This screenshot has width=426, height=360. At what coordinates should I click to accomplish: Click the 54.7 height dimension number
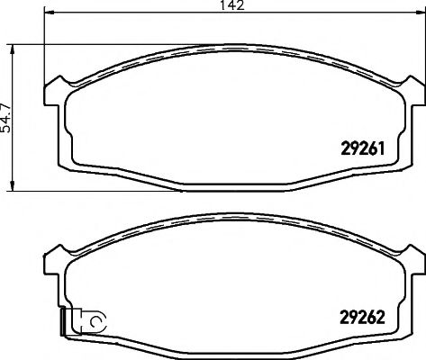click(x=7, y=116)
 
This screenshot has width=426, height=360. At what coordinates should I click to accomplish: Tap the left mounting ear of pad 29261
click(x=54, y=89)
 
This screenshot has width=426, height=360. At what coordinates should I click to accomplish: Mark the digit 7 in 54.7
click(x=7, y=98)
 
